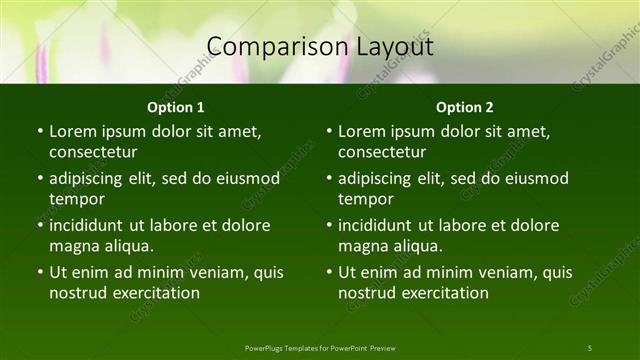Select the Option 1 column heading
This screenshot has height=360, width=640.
pyautogui.click(x=176, y=107)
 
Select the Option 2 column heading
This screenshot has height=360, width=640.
pyautogui.click(x=465, y=107)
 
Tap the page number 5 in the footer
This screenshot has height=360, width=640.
pyautogui.click(x=590, y=348)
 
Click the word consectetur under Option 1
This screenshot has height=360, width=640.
pyautogui.click(x=93, y=152)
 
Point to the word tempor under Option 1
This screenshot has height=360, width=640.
pyautogui.click(x=76, y=199)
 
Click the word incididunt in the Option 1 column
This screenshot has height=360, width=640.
pyautogui.click(x=87, y=226)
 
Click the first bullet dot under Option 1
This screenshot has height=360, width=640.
pyautogui.click(x=39, y=132)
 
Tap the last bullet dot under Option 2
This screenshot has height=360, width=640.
pyautogui.click(x=328, y=273)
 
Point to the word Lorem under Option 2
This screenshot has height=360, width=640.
pyautogui.click(x=360, y=132)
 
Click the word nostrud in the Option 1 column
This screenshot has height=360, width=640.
pyautogui.click(x=76, y=293)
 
